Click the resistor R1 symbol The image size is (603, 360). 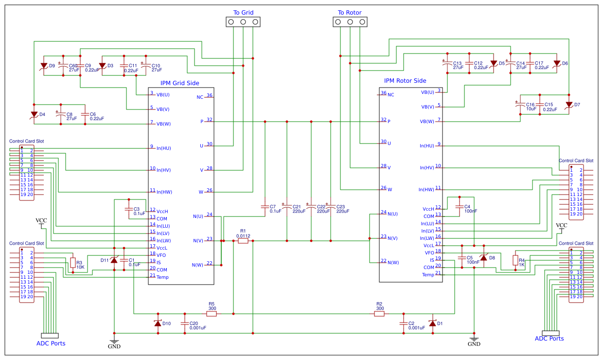coord(243,241)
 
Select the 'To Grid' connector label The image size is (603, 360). coord(243,13)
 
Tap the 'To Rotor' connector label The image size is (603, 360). coord(350,13)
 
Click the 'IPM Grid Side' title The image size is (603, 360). coord(180,83)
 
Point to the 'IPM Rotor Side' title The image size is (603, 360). coord(405,81)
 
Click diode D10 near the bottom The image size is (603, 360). coord(158,323)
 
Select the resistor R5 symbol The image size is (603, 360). coord(212,314)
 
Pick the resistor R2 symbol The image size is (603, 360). coord(379,314)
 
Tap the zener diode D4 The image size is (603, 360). coord(34,114)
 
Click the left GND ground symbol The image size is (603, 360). coord(114,342)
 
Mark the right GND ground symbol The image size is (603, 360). coord(474,339)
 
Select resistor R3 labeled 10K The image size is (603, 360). coord(73,263)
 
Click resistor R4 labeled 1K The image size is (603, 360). coord(515,260)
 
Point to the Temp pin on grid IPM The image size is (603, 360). coord(162,277)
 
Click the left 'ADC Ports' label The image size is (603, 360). coord(51,343)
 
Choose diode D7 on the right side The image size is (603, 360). coord(569,105)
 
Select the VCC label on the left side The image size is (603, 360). coord(41,221)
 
